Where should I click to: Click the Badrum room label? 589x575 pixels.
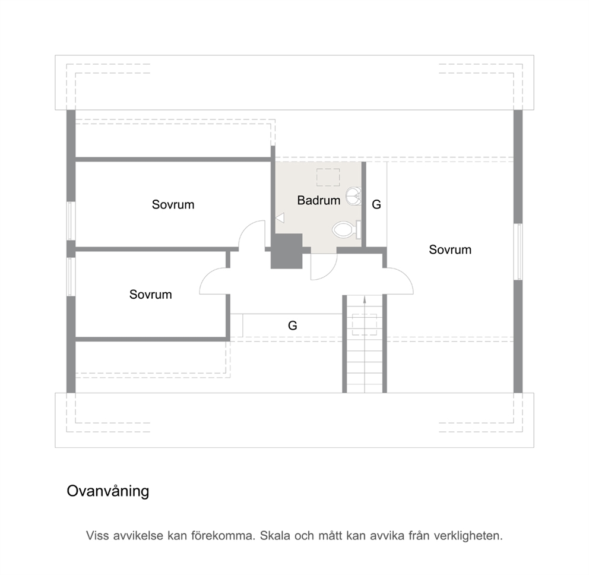pyautogui.click(x=318, y=200)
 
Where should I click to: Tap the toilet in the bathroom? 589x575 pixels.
pyautogui.click(x=347, y=230)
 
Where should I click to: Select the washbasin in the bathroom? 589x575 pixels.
pyautogui.click(x=353, y=196)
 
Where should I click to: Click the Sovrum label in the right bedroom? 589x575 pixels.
pyautogui.click(x=450, y=249)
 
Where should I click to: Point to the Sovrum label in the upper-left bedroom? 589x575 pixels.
pyautogui.click(x=173, y=204)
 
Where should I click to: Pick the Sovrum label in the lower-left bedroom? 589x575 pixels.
pyautogui.click(x=150, y=294)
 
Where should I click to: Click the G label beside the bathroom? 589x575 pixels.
pyautogui.click(x=376, y=204)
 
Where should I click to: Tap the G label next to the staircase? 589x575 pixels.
pyautogui.click(x=292, y=326)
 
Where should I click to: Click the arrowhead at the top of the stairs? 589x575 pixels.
pyautogui.click(x=365, y=299)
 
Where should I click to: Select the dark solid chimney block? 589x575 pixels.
pyautogui.click(x=287, y=251)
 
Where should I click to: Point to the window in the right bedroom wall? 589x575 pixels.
pyautogui.click(x=518, y=252)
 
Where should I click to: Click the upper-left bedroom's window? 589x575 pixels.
pyautogui.click(x=71, y=220)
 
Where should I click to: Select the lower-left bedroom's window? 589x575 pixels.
pyautogui.click(x=71, y=277)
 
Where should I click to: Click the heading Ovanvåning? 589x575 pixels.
pyautogui.click(x=108, y=491)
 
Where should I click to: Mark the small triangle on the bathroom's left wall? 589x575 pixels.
pyautogui.click(x=280, y=217)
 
